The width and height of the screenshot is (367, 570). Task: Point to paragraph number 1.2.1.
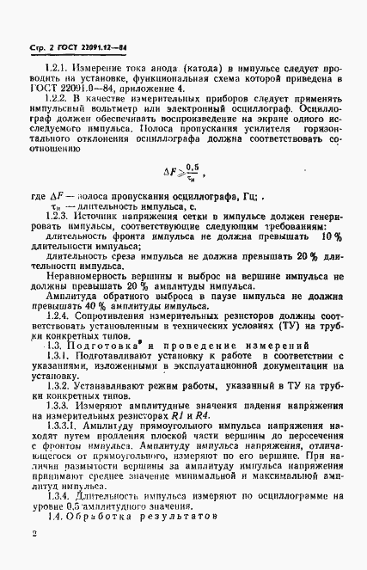pos(58,65)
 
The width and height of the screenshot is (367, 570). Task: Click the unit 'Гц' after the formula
pos(239,195)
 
